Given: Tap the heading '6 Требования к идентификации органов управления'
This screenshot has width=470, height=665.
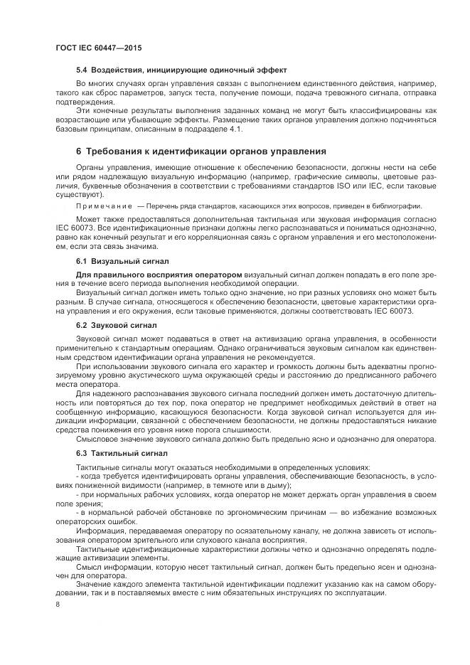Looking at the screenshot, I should [201, 151].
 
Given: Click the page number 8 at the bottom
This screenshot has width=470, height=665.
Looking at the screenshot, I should [57, 604].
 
